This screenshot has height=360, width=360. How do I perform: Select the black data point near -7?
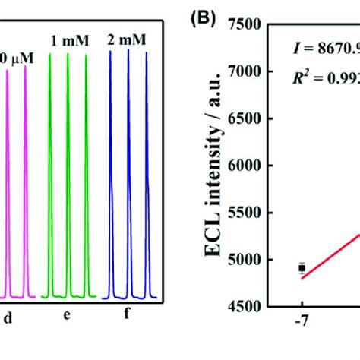point(302,267)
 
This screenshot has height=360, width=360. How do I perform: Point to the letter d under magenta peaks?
point(8,320)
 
